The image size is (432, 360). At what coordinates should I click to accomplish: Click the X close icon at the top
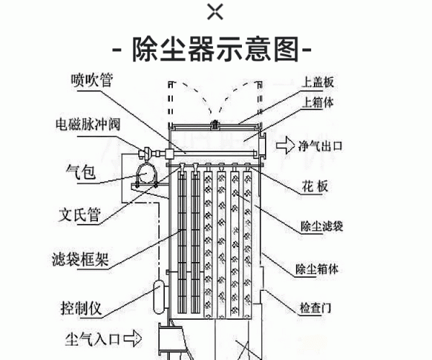point(215,12)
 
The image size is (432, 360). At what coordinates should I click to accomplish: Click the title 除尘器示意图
point(215,50)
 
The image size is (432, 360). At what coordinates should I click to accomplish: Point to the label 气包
point(80,171)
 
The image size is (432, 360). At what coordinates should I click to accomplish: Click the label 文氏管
point(79,215)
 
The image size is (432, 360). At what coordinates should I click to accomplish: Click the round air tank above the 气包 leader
point(147,174)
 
